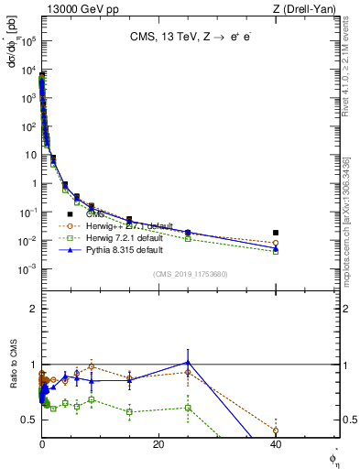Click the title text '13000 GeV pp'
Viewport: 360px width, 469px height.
pyautogui.click(x=75, y=8)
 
